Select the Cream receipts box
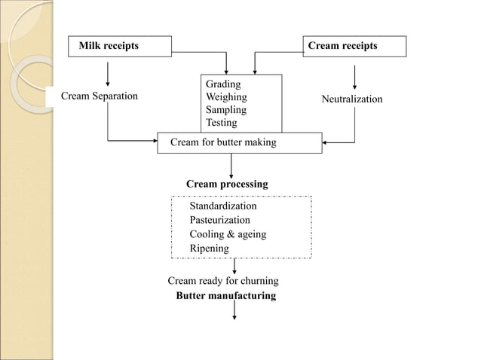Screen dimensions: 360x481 coord(354,46)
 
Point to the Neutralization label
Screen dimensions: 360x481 coord(351,99)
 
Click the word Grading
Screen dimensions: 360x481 coord(224,85)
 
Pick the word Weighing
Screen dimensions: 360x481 coord(226,97)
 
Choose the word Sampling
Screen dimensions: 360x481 coord(226,110)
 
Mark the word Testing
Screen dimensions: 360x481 coord(222,122)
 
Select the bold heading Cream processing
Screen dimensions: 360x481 coord(227,184)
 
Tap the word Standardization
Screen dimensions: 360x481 coord(223,206)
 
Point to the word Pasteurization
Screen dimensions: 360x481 coord(220,220)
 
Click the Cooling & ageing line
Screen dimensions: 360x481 coord(228,234)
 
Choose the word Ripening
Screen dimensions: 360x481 coord(210,248)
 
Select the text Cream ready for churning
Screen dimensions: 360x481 coord(223,281)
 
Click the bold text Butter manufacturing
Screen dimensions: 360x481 coord(225,296)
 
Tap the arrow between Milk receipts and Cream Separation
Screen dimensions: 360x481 coord(109,74)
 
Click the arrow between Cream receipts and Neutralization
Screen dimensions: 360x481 coord(354,76)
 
